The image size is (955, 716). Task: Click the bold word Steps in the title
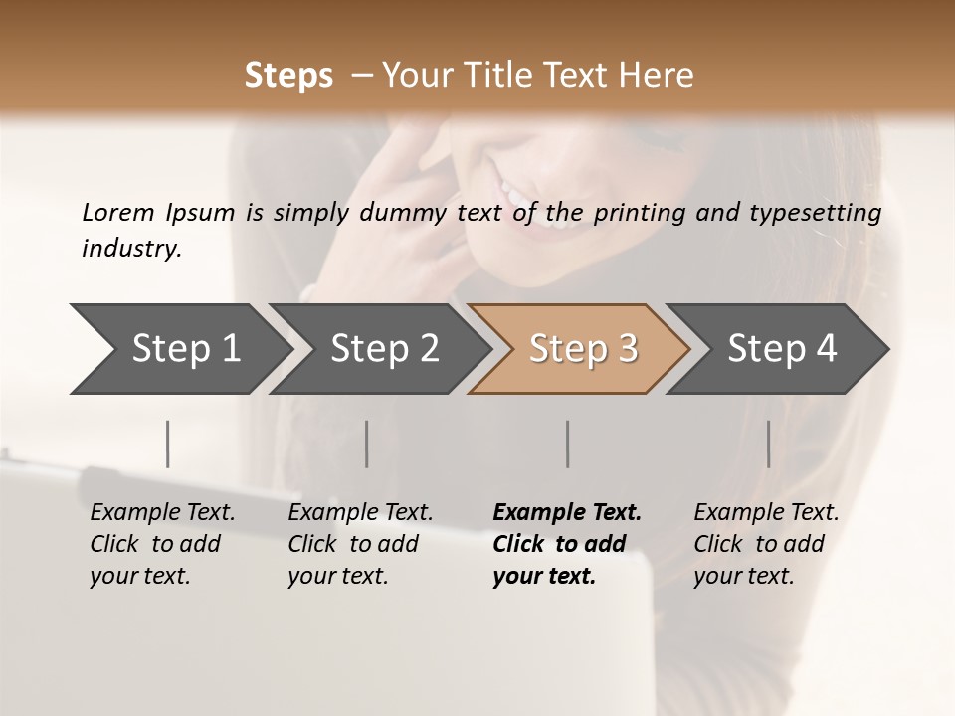[288, 76]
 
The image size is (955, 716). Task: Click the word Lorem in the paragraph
[117, 212]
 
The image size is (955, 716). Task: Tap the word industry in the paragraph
[131, 249]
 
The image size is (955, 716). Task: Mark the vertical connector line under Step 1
[167, 444]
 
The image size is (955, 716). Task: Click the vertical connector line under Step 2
[367, 444]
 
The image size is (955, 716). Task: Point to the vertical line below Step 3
[567, 444]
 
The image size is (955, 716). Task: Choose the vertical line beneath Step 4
[768, 444]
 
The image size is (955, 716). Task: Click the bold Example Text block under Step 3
[567, 544]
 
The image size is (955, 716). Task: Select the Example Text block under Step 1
[162, 544]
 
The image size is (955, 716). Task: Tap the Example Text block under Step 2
[360, 544]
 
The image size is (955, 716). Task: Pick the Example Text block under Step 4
[766, 544]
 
